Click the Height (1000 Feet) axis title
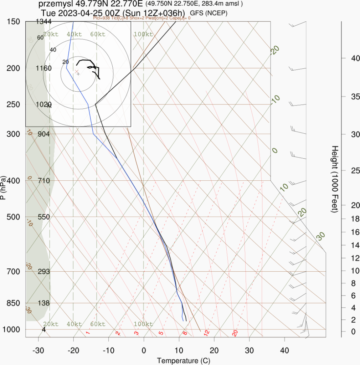click(x=335, y=179)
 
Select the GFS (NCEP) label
click(x=209, y=13)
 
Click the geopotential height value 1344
click(x=44, y=22)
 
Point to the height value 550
click(x=44, y=217)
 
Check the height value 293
click(x=44, y=272)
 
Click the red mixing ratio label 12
click(x=206, y=333)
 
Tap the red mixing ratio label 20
click(x=235, y=333)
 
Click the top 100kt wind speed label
click(x=143, y=34)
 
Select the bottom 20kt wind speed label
click(x=50, y=324)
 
